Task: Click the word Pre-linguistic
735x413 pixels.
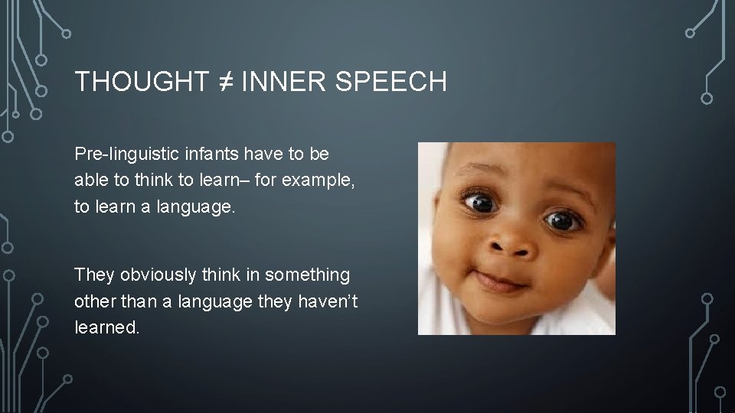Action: (x=119, y=154)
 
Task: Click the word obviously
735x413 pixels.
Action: (x=160, y=274)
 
